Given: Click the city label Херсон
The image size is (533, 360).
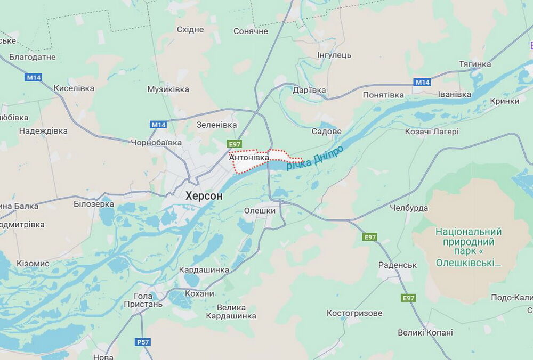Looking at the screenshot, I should point(204,196).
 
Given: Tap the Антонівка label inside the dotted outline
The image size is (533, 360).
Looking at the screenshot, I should point(249,158).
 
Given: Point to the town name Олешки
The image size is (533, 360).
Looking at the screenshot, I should point(260,210).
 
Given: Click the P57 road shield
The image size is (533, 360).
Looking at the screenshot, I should point(143,342).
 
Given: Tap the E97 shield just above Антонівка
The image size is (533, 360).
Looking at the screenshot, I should point(235,144).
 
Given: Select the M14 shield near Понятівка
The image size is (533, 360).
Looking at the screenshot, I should point(422,82).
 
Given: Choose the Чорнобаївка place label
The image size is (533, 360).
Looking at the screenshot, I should point(156,143).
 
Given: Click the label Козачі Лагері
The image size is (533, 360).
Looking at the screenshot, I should point(432,132).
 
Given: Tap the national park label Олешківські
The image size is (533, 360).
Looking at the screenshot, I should point(469,247).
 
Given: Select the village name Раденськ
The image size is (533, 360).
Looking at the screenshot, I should point(397,265).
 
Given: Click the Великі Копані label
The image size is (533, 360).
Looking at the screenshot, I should point(425,332).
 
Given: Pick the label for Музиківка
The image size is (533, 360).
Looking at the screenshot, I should point(168,89).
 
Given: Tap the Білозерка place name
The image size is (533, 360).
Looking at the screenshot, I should point(94,204).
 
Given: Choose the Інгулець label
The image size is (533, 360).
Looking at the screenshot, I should point(334,55).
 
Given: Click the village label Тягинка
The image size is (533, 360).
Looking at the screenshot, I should point(475,64).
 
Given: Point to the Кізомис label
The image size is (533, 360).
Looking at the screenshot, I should point(33,264).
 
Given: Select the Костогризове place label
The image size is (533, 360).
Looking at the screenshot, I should point(354,313).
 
